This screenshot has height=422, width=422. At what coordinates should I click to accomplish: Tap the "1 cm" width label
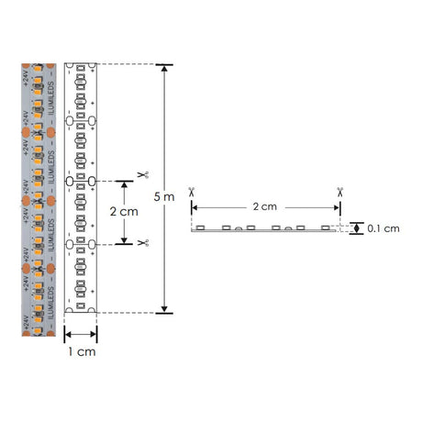point(81,351)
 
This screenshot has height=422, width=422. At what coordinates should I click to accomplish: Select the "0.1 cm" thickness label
point(382,228)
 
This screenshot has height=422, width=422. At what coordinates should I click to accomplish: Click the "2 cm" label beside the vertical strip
point(123,211)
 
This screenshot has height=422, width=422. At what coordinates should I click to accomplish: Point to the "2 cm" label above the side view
point(264,206)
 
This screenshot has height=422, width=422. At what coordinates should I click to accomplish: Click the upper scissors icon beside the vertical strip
point(142,174)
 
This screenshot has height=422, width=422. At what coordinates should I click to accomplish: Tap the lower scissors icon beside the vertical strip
point(142,242)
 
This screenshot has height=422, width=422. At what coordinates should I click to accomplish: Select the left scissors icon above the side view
point(191,192)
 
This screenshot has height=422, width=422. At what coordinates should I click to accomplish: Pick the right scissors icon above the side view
point(339,192)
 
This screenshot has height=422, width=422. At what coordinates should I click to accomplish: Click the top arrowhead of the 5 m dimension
point(164,69)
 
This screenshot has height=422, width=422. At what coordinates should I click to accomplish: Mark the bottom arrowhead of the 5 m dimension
point(164,309)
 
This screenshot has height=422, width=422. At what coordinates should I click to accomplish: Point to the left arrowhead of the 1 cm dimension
point(69,335)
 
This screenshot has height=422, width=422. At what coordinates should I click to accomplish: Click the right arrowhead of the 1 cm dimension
point(94,335)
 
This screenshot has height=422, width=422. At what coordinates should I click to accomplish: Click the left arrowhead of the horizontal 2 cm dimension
point(194,207)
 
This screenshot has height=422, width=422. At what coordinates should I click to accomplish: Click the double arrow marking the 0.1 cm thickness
point(356,228)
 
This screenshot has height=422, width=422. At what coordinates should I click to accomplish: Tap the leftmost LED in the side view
point(200,226)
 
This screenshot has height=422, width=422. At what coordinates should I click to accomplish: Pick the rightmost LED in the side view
point(328,226)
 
